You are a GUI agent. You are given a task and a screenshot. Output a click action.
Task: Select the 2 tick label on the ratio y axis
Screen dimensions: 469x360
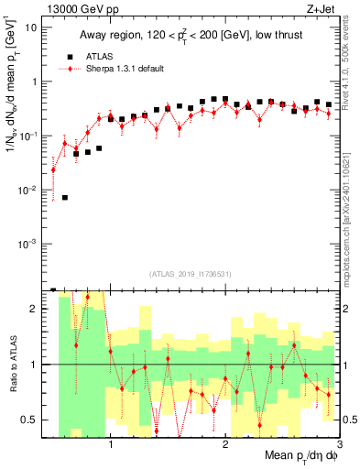tap(34, 309)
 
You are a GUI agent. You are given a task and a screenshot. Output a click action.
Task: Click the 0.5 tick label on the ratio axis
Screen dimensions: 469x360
tap(30, 420)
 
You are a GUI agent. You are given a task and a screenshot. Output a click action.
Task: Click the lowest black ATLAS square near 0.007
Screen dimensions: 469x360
tap(64, 198)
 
